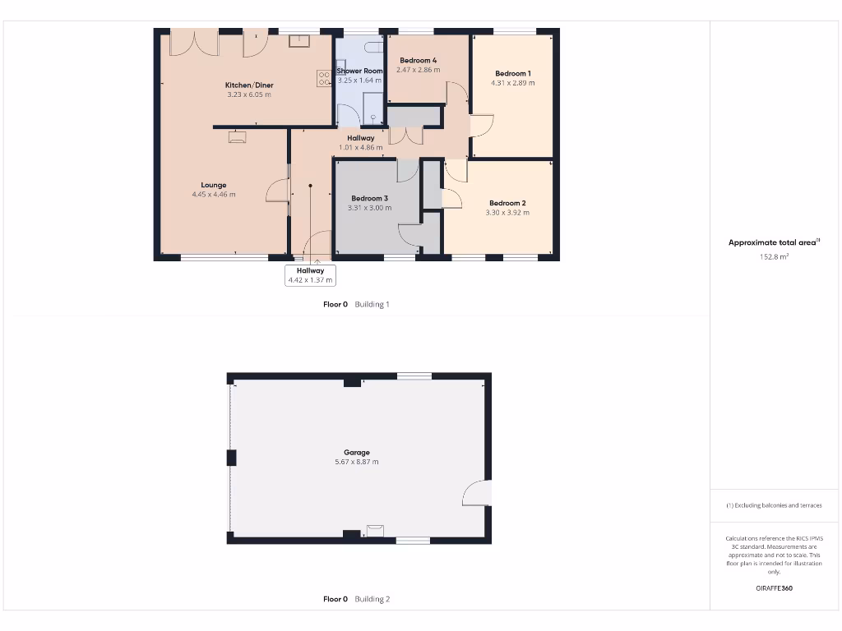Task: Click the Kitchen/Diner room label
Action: (249, 85)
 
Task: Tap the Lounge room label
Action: (214, 185)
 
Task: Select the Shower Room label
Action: (360, 71)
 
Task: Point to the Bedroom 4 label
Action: (419, 61)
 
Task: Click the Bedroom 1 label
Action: (512, 73)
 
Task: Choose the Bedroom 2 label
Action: (507, 203)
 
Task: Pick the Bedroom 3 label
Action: (369, 198)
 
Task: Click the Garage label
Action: (357, 453)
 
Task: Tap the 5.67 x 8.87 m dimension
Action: (357, 463)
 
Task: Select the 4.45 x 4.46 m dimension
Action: (214, 195)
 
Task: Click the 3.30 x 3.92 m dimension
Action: (507, 213)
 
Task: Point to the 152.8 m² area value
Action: (774, 256)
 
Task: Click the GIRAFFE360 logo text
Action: (774, 588)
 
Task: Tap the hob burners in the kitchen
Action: (323, 78)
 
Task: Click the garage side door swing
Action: (477, 492)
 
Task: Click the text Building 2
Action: (372, 599)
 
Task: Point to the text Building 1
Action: (372, 304)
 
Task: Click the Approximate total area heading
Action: (774, 242)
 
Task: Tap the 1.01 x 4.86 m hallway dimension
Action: (361, 148)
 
